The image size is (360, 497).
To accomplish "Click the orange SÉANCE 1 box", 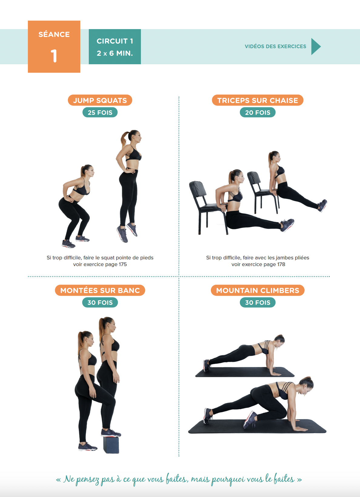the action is [54, 47].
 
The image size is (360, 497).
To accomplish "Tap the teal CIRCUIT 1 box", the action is [115, 47].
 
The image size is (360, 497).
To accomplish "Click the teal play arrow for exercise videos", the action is [316, 46].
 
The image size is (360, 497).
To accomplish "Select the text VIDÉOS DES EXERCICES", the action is [275, 46].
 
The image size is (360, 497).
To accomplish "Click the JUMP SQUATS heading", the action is [100, 100].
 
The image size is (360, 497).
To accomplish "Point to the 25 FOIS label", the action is [100, 112].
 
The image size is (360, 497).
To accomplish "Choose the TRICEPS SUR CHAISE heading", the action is [258, 100].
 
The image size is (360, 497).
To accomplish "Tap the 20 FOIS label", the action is [258, 112].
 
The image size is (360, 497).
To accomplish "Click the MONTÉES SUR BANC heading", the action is [100, 290].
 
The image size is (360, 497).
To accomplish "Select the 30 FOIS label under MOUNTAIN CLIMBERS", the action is [258, 302].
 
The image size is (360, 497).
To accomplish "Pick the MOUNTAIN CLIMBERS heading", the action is [258, 290].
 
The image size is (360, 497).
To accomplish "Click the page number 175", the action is [123, 264].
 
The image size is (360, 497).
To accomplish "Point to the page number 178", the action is [281, 264].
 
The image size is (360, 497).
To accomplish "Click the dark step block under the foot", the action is [111, 445].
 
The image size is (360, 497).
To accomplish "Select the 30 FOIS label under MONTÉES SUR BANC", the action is [100, 302].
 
